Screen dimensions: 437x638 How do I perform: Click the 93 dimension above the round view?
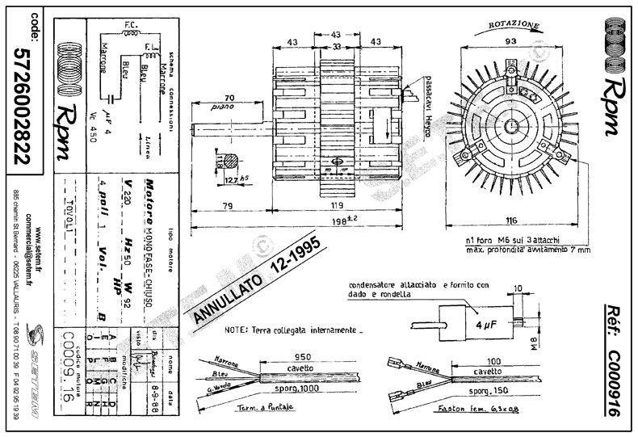[x=510, y=40]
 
